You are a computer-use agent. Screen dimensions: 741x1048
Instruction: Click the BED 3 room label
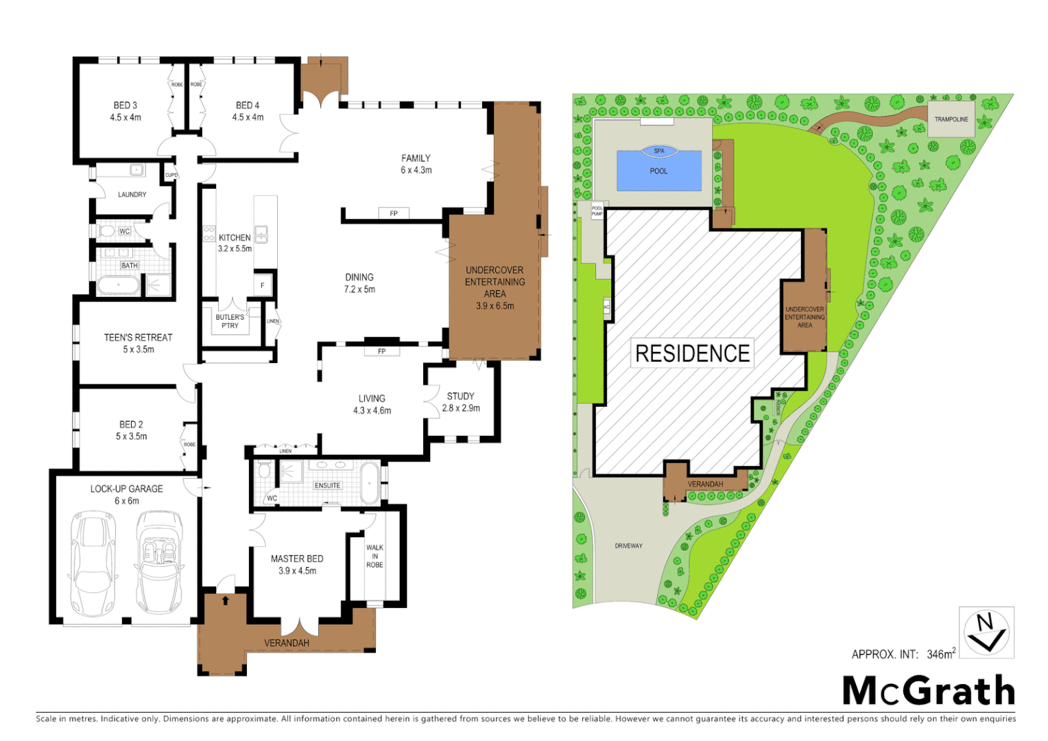tap(126, 106)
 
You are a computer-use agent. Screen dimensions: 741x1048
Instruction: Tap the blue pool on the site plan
tap(659, 172)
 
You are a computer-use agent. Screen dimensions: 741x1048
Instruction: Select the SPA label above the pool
tap(659, 151)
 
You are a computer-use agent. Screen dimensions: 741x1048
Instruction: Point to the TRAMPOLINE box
tap(951, 119)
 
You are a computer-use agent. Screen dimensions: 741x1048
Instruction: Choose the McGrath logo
tap(929, 690)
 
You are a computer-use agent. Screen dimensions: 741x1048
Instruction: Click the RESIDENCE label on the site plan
tap(693, 353)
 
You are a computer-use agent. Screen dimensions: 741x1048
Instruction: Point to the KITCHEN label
tap(235, 238)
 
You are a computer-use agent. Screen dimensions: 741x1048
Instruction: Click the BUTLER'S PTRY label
tap(230, 321)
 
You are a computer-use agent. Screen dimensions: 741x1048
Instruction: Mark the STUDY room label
tap(461, 397)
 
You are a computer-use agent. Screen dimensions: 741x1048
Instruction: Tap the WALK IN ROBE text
tap(374, 556)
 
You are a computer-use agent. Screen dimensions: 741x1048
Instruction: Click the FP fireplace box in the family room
tap(394, 213)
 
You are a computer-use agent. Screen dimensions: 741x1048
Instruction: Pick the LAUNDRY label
tap(132, 195)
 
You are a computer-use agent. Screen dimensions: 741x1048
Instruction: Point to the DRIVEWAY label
tap(628, 546)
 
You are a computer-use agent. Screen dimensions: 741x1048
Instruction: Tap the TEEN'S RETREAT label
tap(139, 338)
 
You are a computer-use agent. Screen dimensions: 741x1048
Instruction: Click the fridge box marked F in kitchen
tap(263, 285)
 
